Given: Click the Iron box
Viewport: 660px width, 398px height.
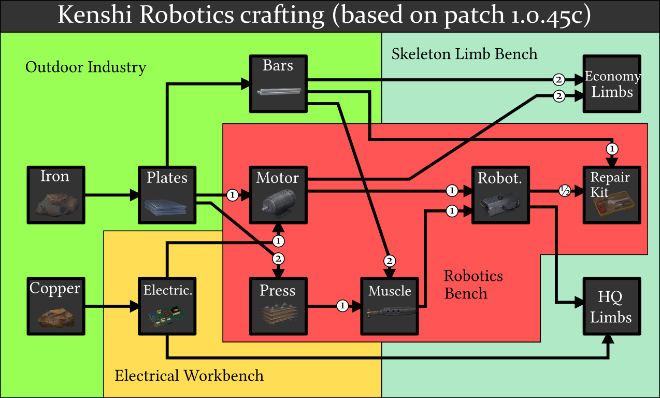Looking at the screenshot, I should [x=55, y=195].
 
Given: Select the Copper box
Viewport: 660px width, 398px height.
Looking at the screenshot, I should [x=55, y=306].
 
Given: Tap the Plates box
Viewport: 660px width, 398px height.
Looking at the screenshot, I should [x=167, y=195].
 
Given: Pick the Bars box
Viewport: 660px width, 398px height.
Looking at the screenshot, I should [x=278, y=83].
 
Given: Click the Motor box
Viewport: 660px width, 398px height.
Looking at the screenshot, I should [x=278, y=195].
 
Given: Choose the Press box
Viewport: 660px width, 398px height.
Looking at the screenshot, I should [x=278, y=306].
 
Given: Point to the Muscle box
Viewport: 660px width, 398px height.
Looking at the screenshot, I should [x=390, y=306].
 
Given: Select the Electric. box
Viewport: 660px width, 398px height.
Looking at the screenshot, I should [x=167, y=306].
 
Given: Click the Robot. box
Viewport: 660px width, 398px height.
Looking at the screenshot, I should [x=500, y=195].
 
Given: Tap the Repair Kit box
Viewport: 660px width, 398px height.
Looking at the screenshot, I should [x=612, y=195].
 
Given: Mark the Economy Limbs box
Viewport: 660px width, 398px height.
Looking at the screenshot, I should [x=612, y=83].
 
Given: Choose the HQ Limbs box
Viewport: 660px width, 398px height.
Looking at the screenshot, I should [x=612, y=306].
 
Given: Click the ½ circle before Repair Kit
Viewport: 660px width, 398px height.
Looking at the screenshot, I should [x=564, y=191].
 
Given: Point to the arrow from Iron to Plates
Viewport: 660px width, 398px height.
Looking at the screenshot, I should [x=111, y=195].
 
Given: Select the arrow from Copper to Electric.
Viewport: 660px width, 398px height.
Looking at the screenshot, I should [x=111, y=306].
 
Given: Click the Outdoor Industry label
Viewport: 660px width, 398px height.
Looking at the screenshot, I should [x=86, y=67].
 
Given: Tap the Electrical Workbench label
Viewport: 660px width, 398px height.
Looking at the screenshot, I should [x=189, y=375].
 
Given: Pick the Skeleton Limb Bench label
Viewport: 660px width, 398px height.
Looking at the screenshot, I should [x=464, y=54].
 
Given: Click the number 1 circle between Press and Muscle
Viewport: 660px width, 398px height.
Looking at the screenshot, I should [x=342, y=306].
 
